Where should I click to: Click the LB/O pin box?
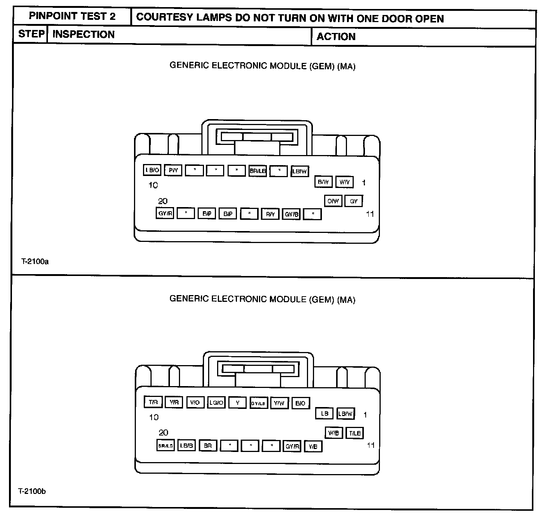click(152, 170)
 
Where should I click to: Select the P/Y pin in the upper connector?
click(173, 170)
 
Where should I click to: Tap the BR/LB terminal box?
click(258, 171)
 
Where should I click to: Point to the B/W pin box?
click(323, 182)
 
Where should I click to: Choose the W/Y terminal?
click(344, 182)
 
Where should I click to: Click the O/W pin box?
click(333, 201)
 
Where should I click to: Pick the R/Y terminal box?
click(270, 214)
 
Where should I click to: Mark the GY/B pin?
click(292, 214)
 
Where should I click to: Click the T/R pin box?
click(153, 402)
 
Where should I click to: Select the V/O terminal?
click(195, 403)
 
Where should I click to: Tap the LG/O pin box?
click(216, 403)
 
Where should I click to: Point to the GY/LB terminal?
click(258, 403)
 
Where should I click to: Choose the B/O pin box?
click(300, 403)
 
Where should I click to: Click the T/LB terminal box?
click(354, 433)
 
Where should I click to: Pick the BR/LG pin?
click(165, 446)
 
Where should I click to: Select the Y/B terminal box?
click(313, 446)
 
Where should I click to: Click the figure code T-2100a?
click(35, 261)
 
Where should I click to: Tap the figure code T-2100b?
click(32, 491)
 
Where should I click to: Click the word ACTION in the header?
click(336, 37)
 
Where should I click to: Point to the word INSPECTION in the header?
click(83, 34)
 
